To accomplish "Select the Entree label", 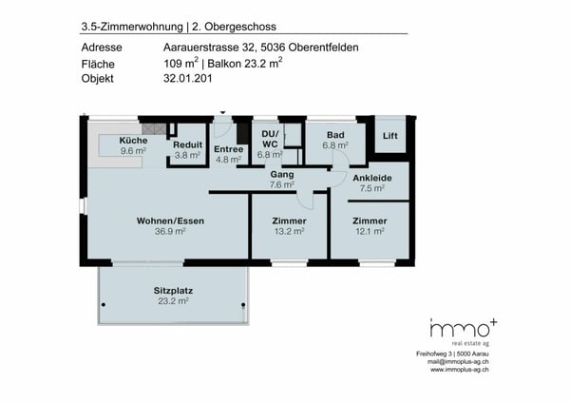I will click(228, 149).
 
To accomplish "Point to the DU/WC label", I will click(270, 139).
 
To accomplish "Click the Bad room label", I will click(335, 135).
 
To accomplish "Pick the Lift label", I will click(389, 136).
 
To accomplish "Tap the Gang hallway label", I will click(281, 175).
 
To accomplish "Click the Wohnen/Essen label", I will click(171, 221).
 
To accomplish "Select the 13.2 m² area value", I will click(288, 231).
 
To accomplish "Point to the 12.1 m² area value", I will click(370, 231).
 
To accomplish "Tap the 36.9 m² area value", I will click(171, 231).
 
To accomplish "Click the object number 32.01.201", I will click(187, 78).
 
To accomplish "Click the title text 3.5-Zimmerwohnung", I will click(121, 25).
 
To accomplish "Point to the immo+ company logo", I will click(462, 329).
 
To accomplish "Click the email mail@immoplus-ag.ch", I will click(460, 362).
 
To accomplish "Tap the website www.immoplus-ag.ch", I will click(460, 370).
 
